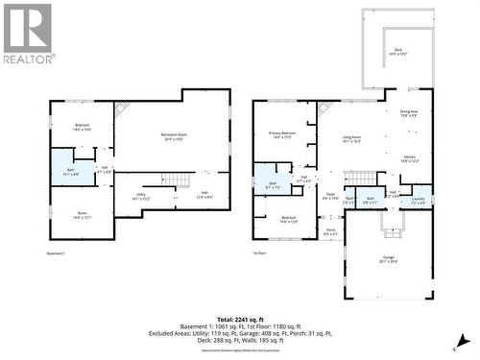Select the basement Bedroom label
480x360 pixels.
pyautogui.click(x=83, y=126)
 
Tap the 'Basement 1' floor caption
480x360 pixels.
pyautogui.click(x=56, y=253)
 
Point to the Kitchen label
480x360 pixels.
pyautogui.click(x=409, y=157)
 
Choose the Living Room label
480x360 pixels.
pyautogui.click(x=351, y=138)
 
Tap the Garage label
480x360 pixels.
pyautogui.click(x=388, y=258)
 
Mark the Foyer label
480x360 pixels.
pyautogui.click(x=330, y=196)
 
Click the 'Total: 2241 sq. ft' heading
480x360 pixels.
pyautogui.click(x=240, y=318)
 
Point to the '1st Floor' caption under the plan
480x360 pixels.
pyautogui.click(x=260, y=253)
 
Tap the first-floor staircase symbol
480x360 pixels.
pyautogui.click(x=359, y=178)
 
